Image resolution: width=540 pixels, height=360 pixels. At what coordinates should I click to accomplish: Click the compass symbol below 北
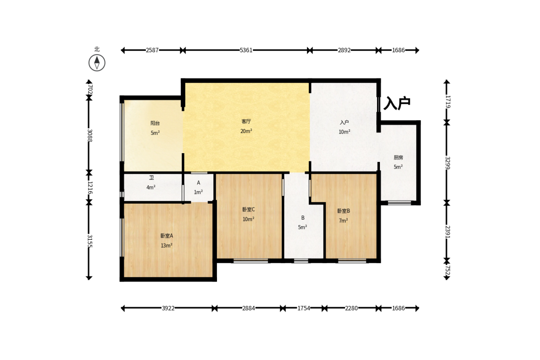point(97,63)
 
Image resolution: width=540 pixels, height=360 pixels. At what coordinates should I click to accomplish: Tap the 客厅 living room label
point(246,122)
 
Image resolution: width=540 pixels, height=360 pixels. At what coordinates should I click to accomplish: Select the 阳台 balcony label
point(155,123)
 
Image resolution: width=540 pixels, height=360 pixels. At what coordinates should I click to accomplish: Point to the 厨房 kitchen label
point(398,158)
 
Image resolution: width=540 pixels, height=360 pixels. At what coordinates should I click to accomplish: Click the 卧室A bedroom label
point(167,236)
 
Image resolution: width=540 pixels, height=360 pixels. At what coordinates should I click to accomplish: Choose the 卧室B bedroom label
point(343,211)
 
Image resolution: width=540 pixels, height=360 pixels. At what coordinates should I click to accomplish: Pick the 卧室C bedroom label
point(248,209)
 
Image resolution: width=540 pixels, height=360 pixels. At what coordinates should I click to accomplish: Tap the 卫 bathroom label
point(151,178)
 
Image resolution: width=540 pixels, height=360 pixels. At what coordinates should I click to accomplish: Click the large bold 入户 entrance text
point(397,103)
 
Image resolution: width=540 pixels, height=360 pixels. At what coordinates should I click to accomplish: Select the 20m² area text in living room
point(246,131)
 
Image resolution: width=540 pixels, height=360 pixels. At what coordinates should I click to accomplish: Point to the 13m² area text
point(167,245)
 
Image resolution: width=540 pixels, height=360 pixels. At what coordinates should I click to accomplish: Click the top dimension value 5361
point(246,50)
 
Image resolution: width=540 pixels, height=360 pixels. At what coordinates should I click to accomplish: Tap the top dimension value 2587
point(152,50)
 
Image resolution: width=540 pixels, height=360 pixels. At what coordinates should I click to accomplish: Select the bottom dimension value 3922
point(168,308)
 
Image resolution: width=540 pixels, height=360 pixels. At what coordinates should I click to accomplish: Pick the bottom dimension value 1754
point(304,308)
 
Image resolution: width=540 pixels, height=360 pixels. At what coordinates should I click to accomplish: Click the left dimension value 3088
point(89,135)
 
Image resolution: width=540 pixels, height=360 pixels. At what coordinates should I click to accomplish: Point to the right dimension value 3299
point(447,163)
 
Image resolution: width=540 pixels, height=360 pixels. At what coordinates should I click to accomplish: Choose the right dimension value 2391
point(447,232)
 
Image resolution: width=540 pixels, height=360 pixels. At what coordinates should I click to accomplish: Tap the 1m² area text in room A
point(198,192)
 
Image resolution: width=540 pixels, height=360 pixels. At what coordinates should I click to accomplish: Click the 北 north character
point(97,49)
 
